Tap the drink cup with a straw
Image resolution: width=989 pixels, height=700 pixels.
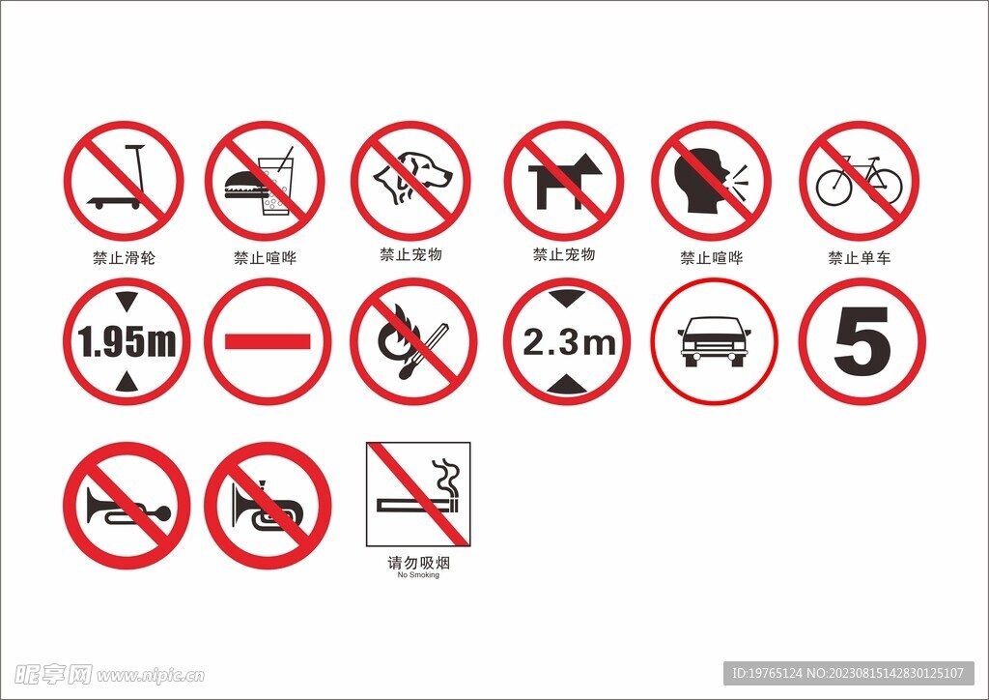[276, 183]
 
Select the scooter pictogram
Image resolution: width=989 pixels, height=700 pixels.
[119, 177]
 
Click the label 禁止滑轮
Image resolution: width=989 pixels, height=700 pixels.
[124, 257]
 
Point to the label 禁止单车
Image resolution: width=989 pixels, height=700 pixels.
[859, 257]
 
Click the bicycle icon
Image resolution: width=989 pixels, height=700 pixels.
[859, 182]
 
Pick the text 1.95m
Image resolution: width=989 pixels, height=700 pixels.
[127, 341]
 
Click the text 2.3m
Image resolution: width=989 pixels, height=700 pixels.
[569, 342]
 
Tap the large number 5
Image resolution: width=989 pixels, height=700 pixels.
[862, 341]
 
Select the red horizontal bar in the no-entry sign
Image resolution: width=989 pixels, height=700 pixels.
[268, 341]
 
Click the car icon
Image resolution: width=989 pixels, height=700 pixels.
[714, 341]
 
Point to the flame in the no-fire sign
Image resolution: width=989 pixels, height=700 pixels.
[396, 335]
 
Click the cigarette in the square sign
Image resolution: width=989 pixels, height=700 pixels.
[418, 505]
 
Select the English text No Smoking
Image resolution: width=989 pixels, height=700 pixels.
[418, 575]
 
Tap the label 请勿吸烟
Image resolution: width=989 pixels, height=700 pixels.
[418, 562]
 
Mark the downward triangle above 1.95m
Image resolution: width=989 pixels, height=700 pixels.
[127, 301]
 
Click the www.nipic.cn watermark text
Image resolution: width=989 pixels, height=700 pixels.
[151, 676]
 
